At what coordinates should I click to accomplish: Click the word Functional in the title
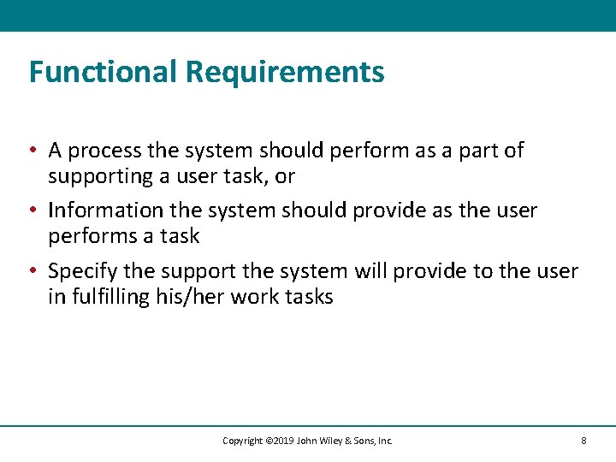pos(103,72)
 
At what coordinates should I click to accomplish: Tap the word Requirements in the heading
pos(285,72)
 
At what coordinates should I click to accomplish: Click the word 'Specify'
pos(82,272)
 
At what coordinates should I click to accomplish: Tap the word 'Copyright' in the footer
pos(242,441)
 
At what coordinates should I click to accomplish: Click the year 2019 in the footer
pos(283,441)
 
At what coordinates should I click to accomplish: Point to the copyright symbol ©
pos(268,441)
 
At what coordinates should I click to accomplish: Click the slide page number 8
pos(583,441)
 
